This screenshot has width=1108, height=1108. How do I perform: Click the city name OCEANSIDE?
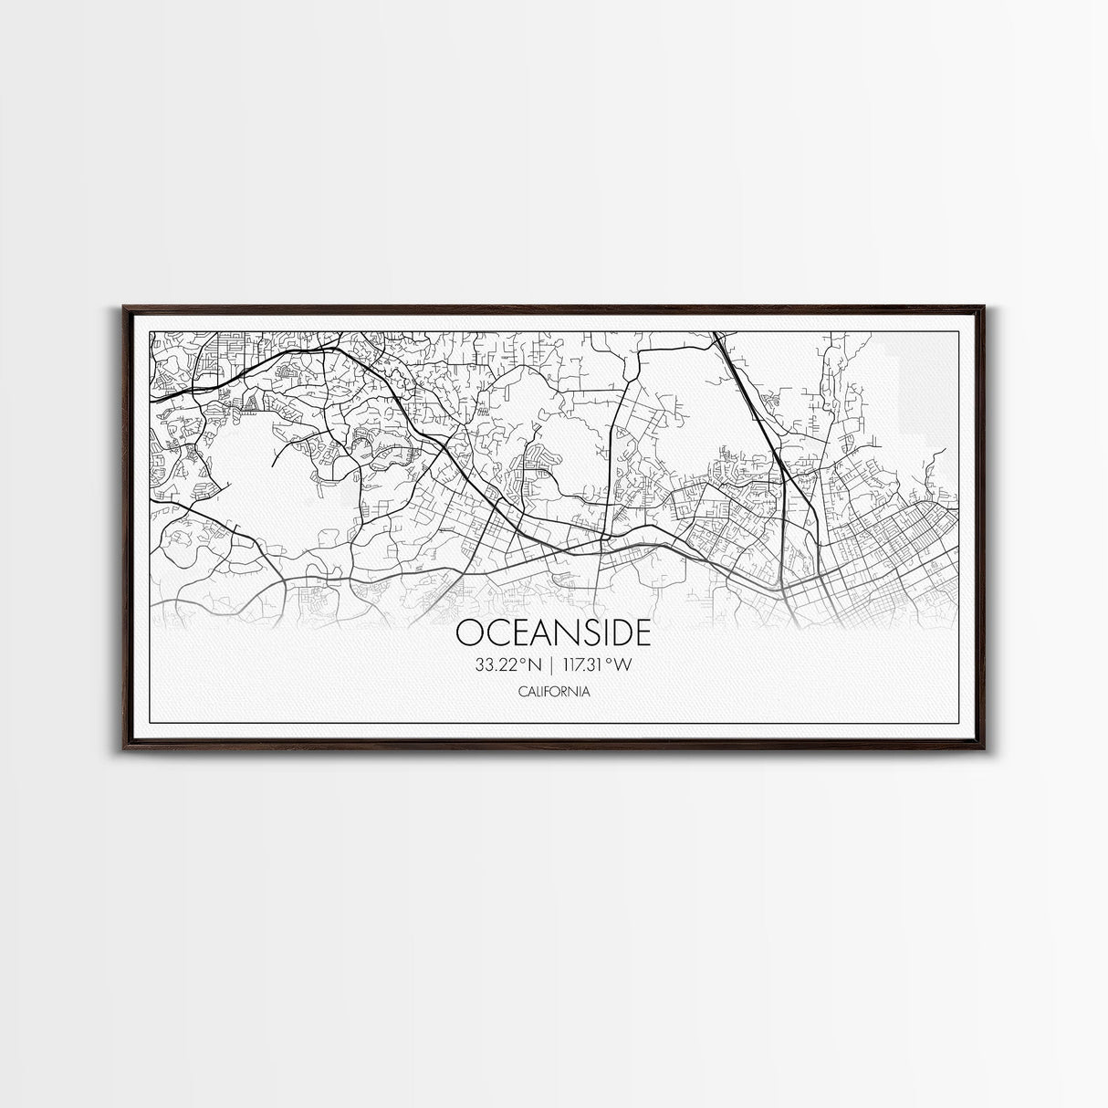pyautogui.click(x=553, y=632)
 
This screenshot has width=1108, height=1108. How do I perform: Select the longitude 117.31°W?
pyautogui.click(x=597, y=664)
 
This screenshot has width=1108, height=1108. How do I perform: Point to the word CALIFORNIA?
pyautogui.click(x=553, y=692)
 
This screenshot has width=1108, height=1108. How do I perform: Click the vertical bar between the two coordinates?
pyautogui.click(x=553, y=664)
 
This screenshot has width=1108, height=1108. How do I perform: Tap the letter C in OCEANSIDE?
pyautogui.click(x=491, y=632)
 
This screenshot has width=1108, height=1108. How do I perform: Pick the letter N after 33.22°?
pyautogui.click(x=535, y=664)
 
